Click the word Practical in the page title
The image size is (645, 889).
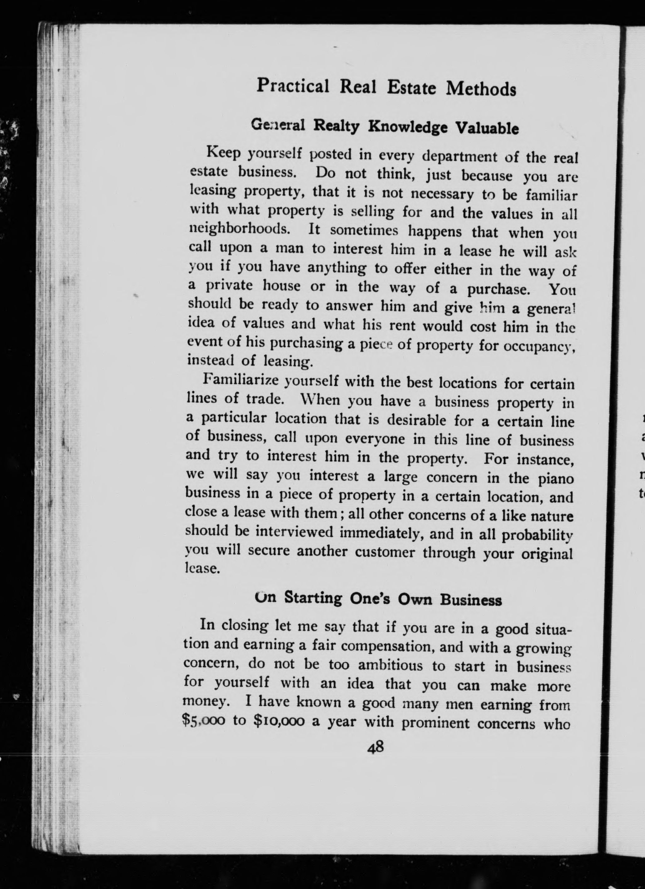click(293, 86)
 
